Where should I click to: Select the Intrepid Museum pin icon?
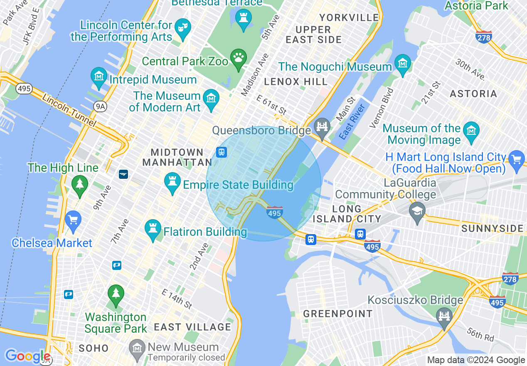(x=99, y=77)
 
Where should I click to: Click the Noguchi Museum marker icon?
(x=402, y=64)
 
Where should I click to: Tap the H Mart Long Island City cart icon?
(x=517, y=159)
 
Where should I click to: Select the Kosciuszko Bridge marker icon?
(x=444, y=317)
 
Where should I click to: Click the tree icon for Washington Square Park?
(x=116, y=294)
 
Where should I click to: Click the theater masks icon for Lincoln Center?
(x=182, y=28)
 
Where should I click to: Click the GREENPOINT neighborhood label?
(x=337, y=314)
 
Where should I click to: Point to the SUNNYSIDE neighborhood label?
(x=493, y=229)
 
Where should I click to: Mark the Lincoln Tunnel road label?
(x=69, y=111)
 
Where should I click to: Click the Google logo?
(x=27, y=356)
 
